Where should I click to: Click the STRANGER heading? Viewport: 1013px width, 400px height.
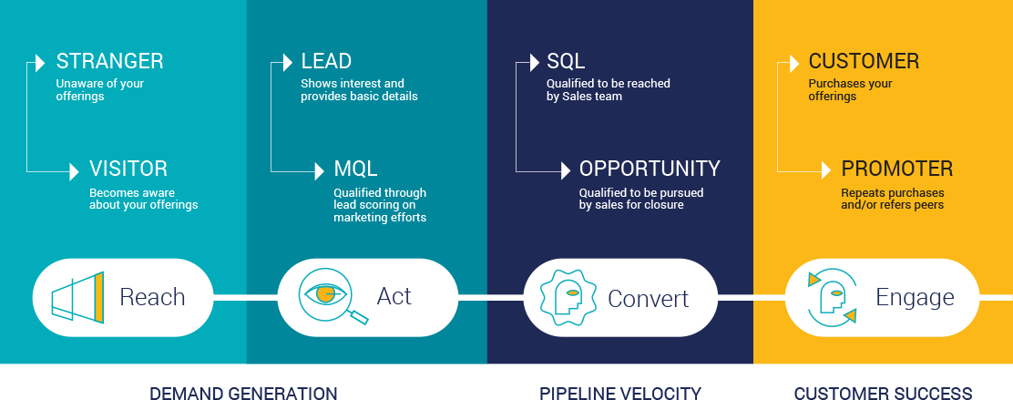click(x=110, y=62)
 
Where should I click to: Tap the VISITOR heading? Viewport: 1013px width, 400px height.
click(x=128, y=169)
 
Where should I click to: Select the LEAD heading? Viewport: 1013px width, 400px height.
click(x=326, y=62)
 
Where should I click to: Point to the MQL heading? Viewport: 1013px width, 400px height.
click(x=355, y=169)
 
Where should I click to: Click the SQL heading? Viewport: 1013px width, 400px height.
click(x=566, y=62)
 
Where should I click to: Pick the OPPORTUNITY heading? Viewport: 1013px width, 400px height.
click(x=650, y=169)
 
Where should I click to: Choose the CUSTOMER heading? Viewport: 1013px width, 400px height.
click(x=864, y=62)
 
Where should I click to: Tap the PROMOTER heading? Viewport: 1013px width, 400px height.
click(x=897, y=169)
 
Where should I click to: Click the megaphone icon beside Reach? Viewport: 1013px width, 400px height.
click(x=76, y=297)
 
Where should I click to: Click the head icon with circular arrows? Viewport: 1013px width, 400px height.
click(x=832, y=297)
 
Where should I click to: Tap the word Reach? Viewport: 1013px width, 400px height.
click(x=152, y=297)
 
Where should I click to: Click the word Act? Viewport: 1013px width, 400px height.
click(x=394, y=297)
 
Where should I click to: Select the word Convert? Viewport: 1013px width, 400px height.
click(x=648, y=298)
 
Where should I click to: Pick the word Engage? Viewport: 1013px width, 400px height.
click(x=915, y=298)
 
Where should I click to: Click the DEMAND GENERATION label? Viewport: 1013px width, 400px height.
click(x=243, y=393)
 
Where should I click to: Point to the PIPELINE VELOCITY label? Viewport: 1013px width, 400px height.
click(x=620, y=393)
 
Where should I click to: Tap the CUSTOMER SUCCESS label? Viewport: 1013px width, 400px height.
click(x=883, y=393)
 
